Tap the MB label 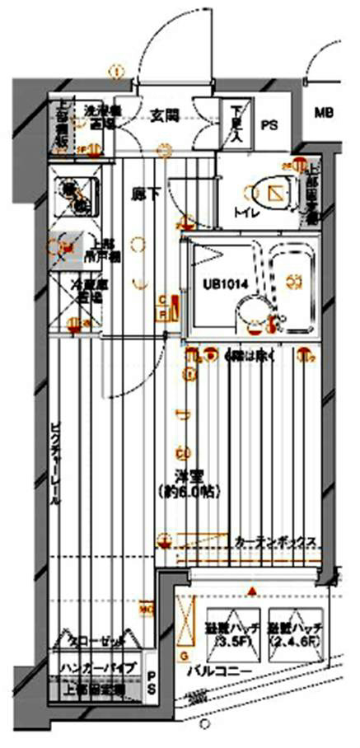click(323, 113)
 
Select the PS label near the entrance click(269, 125)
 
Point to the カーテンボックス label click(275, 542)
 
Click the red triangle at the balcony click(251, 591)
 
